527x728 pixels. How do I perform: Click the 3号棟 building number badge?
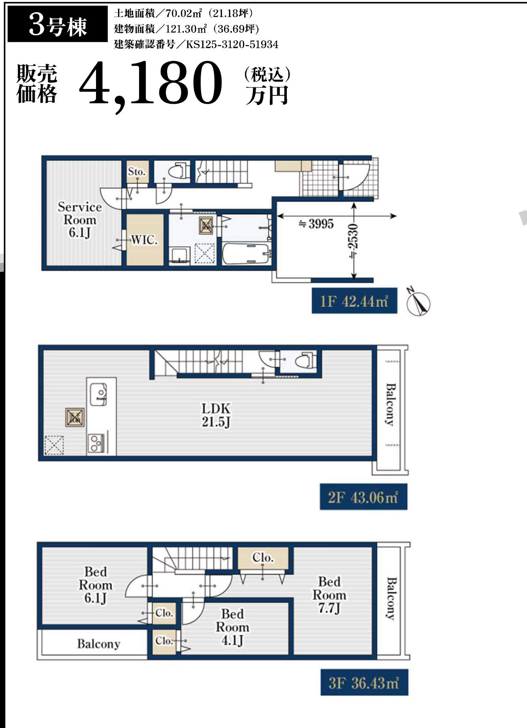[58, 24]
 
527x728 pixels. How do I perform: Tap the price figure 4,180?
[151, 84]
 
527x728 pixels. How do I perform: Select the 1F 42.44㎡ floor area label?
[354, 301]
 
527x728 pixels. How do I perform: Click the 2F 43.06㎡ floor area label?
[363, 497]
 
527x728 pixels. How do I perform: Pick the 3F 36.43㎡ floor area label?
[364, 682]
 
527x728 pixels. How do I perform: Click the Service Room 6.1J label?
[80, 220]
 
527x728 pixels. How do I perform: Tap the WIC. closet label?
[144, 239]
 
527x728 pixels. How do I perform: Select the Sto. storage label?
[137, 172]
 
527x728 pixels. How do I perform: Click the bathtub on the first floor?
[247, 254]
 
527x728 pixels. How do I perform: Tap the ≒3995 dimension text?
[316, 224]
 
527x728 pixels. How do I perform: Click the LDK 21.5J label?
[216, 415]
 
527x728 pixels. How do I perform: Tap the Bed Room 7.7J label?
[329, 595]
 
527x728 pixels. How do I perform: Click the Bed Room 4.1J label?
[232, 627]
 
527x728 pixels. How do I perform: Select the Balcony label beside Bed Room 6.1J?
[98, 644]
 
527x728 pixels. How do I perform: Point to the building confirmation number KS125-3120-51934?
[232, 44]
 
